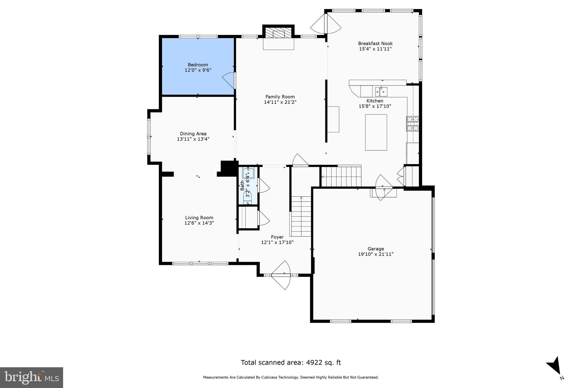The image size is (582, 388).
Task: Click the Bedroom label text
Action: tap(198, 65)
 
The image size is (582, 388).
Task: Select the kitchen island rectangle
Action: tap(376, 132)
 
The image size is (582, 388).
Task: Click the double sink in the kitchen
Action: tap(381, 92)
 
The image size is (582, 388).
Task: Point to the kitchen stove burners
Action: tap(412, 124)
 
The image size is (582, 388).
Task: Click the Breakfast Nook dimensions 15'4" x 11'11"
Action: tap(375, 49)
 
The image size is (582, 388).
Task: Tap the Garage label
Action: tap(375, 249)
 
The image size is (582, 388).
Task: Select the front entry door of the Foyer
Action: tap(281, 275)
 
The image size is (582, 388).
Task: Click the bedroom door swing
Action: tap(229, 80)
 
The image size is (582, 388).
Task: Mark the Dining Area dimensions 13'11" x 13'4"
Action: tap(193, 139)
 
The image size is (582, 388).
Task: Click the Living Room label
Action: tap(199, 218)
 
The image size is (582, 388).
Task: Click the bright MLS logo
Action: tap(31, 377)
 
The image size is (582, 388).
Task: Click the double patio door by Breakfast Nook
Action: tap(326, 24)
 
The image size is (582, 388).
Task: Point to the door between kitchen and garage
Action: tap(384, 188)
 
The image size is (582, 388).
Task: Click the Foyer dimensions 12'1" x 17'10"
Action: tap(277, 242)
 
